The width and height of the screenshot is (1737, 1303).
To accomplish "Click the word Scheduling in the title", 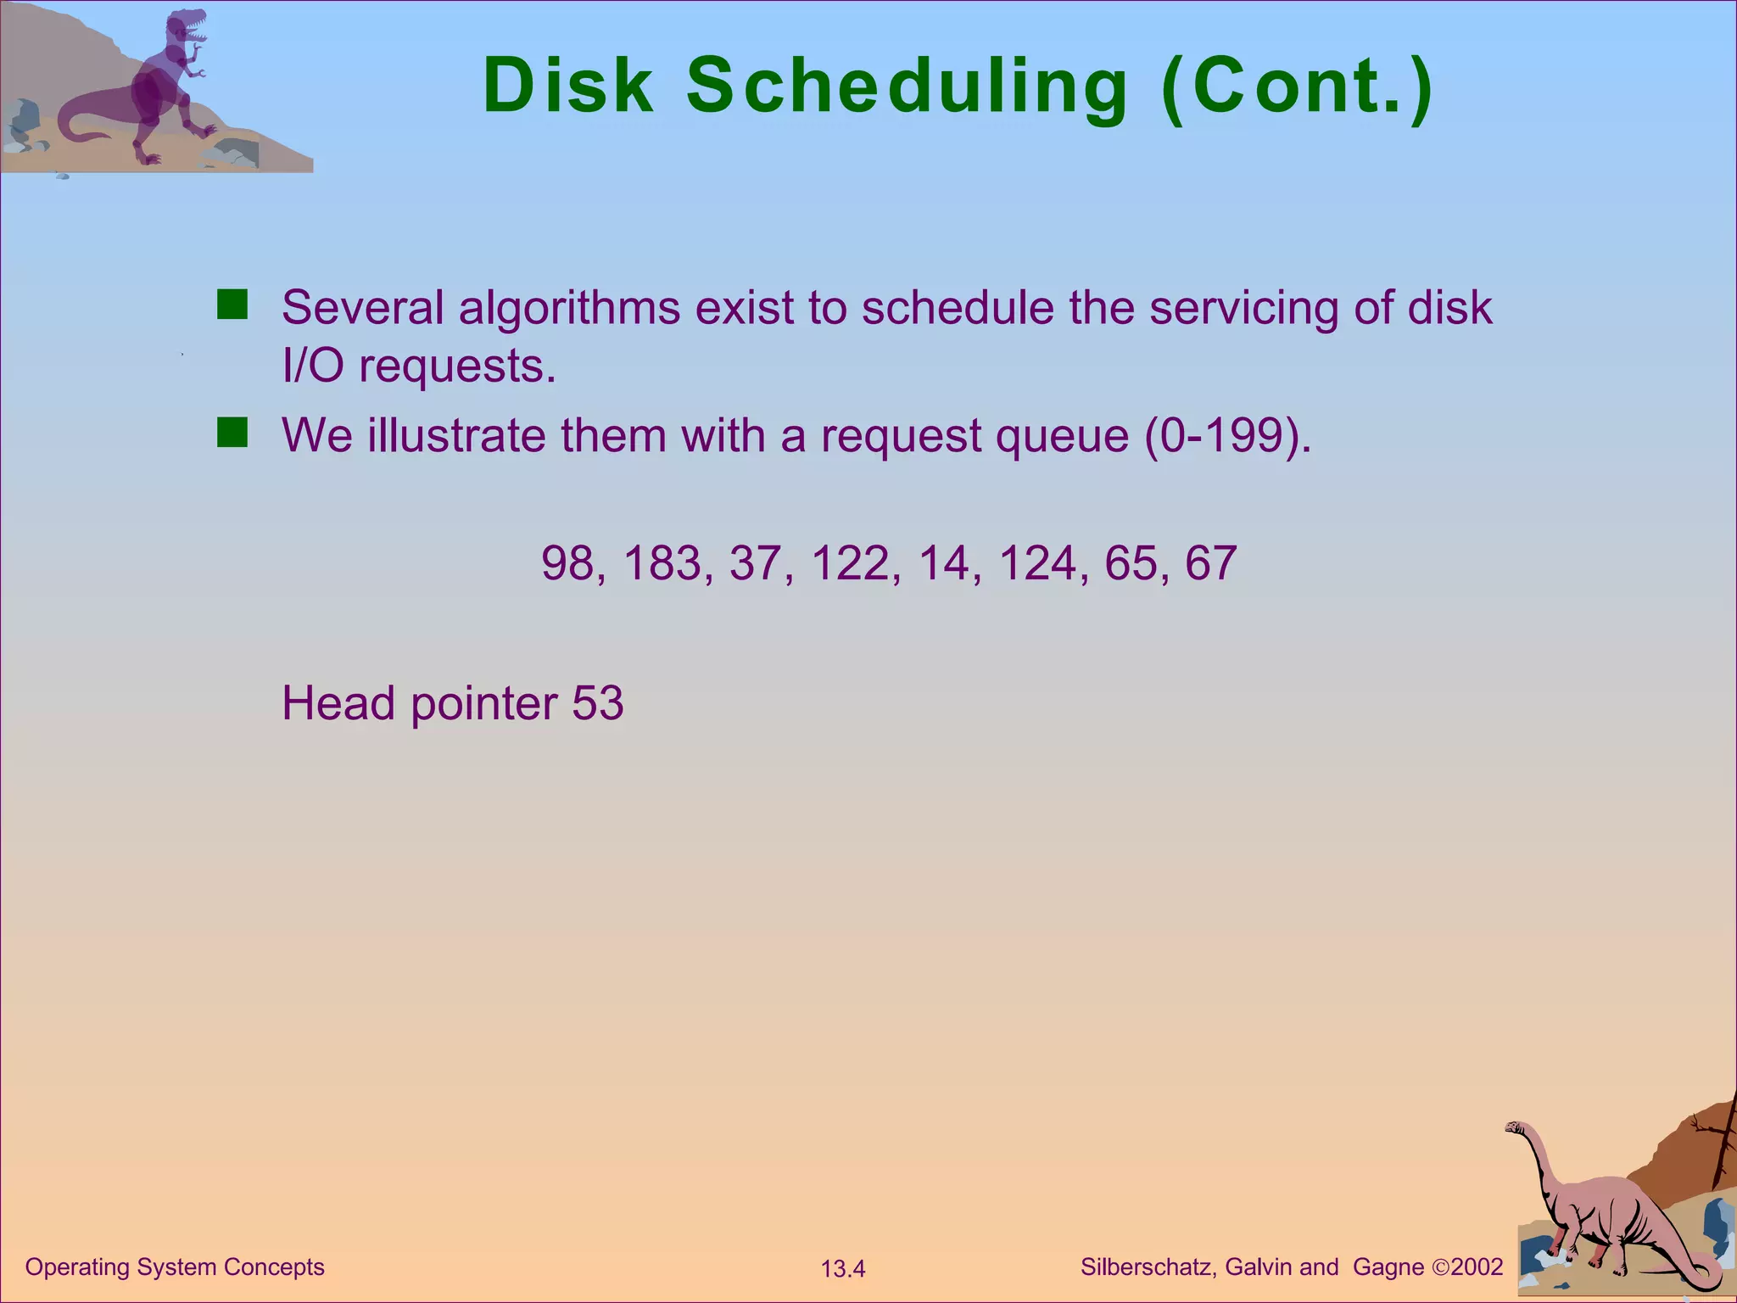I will (x=906, y=88).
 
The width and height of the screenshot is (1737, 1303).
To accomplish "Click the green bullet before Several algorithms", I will (x=232, y=304).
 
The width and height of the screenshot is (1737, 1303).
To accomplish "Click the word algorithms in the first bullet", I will (x=569, y=308).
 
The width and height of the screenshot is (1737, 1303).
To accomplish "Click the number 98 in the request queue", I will (x=567, y=563).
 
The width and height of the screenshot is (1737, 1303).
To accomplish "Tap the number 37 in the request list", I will (x=755, y=563).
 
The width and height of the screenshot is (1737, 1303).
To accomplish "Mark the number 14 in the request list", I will (x=943, y=563).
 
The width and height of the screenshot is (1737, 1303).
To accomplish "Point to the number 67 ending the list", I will (x=1210, y=563).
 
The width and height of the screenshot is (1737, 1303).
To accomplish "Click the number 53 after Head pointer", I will (x=598, y=703).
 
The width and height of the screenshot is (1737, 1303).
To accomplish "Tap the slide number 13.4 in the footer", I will (x=842, y=1269).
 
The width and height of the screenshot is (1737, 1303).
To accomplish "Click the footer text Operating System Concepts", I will (x=175, y=1267).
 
